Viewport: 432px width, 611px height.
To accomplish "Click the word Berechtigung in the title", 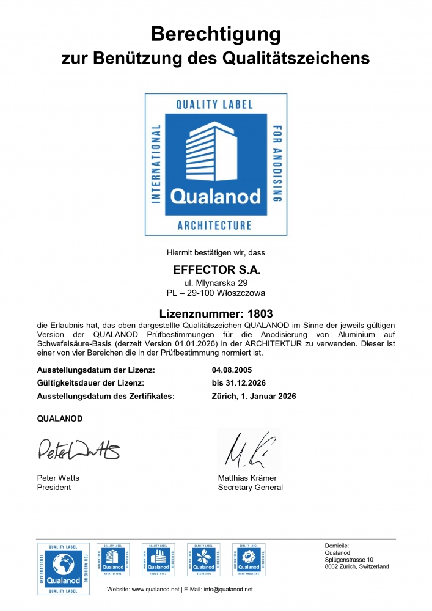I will (216, 34).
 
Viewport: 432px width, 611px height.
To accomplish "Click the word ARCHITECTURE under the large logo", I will (214, 225).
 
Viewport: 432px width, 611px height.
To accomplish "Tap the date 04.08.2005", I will (232, 370).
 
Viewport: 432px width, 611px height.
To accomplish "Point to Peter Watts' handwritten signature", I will (79, 450).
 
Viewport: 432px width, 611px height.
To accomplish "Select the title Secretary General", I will (250, 488).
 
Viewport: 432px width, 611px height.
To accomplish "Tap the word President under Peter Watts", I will (54, 488).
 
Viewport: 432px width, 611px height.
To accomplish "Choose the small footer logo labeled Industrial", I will (158, 559).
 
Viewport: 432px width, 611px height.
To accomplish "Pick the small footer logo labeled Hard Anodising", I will (249, 559).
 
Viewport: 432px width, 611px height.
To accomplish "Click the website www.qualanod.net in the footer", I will (155, 589).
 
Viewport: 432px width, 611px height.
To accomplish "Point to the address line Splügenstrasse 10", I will (349, 560).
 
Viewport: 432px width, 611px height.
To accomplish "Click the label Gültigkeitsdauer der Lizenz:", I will (90, 383).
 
